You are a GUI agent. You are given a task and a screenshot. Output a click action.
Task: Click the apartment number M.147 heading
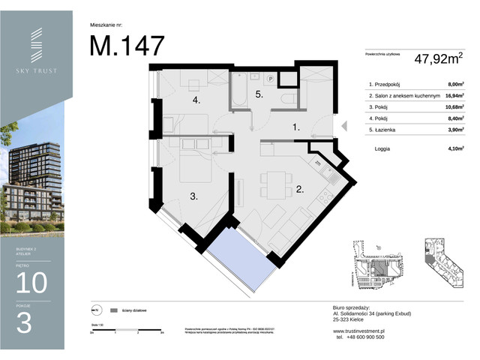click(x=127, y=46)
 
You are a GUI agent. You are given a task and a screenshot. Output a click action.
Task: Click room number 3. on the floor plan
click(x=193, y=196)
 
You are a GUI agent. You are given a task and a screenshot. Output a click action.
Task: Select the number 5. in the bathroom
click(x=259, y=94)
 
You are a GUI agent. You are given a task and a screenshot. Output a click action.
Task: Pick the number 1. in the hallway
click(x=296, y=128)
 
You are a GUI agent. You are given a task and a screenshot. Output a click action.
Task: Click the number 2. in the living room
click(x=299, y=190)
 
